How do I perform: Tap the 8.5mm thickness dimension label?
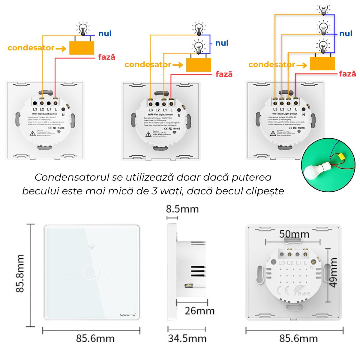182,209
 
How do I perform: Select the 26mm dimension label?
199,310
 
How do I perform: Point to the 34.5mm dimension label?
187,338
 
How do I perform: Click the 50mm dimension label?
294,234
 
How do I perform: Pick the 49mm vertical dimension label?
333,272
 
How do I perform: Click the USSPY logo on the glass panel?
128,314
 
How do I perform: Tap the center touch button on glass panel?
91,272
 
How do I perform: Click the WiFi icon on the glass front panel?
92,247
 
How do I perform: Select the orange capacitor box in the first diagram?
82,48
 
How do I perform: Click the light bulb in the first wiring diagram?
83,28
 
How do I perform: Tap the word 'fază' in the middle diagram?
224,74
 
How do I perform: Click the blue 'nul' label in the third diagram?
346,34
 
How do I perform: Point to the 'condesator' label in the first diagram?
31,48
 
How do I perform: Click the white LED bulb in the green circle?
312,171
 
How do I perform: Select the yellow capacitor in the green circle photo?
341,156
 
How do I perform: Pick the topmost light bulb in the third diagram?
323,10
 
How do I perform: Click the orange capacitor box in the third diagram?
322,63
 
